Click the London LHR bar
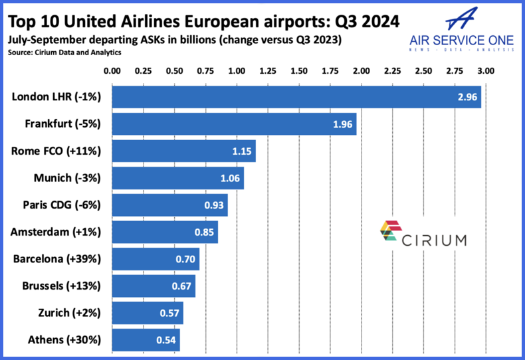pos(296,96)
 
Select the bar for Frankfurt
pos(234,124)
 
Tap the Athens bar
pos(146,340)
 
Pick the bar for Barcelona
pos(156,259)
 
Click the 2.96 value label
pos(467,97)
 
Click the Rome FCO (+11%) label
pos(56,151)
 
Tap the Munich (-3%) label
pos(66,178)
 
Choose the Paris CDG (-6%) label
pos(61,205)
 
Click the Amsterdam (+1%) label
pos(56,232)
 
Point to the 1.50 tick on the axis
pos(299,70)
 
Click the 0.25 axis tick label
pos(143,70)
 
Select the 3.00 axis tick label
pos(486,70)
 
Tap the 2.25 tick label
pos(393,70)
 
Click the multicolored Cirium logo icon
pos(389,232)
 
